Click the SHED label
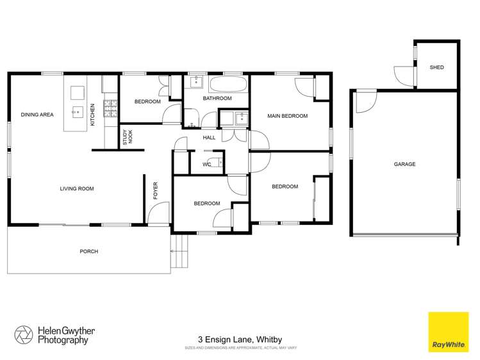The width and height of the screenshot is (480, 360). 436,67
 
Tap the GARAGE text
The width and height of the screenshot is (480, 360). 404,165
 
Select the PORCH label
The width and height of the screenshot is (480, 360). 89,252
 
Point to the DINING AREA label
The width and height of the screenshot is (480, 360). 37,115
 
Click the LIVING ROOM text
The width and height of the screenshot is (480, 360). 77,188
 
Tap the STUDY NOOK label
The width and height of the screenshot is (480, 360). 127,138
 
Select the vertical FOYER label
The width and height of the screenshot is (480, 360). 155,191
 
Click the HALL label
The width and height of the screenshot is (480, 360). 209,138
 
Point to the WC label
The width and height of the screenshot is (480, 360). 206,165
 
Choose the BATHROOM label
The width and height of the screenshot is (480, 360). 217,99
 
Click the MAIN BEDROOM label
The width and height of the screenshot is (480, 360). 288,117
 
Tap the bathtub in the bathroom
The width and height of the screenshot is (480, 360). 227,85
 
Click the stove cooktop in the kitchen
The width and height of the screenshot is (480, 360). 111,109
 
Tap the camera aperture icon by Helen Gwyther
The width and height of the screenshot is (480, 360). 23,334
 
